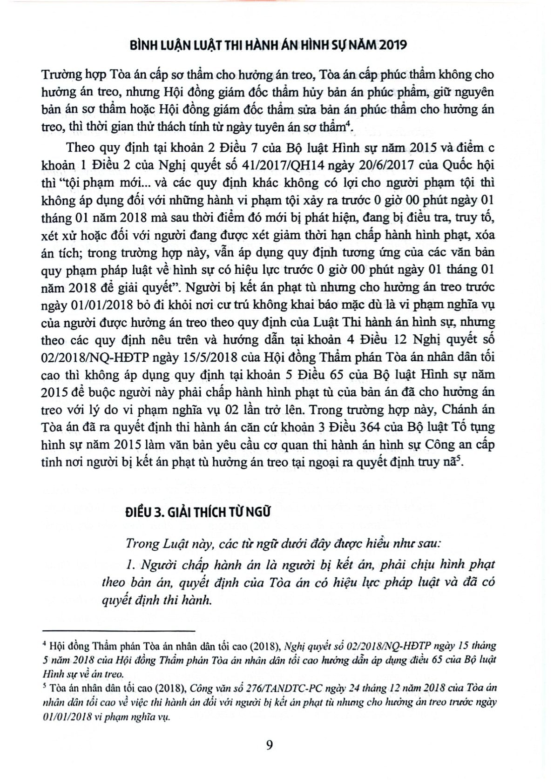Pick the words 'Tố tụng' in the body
[470, 427]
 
